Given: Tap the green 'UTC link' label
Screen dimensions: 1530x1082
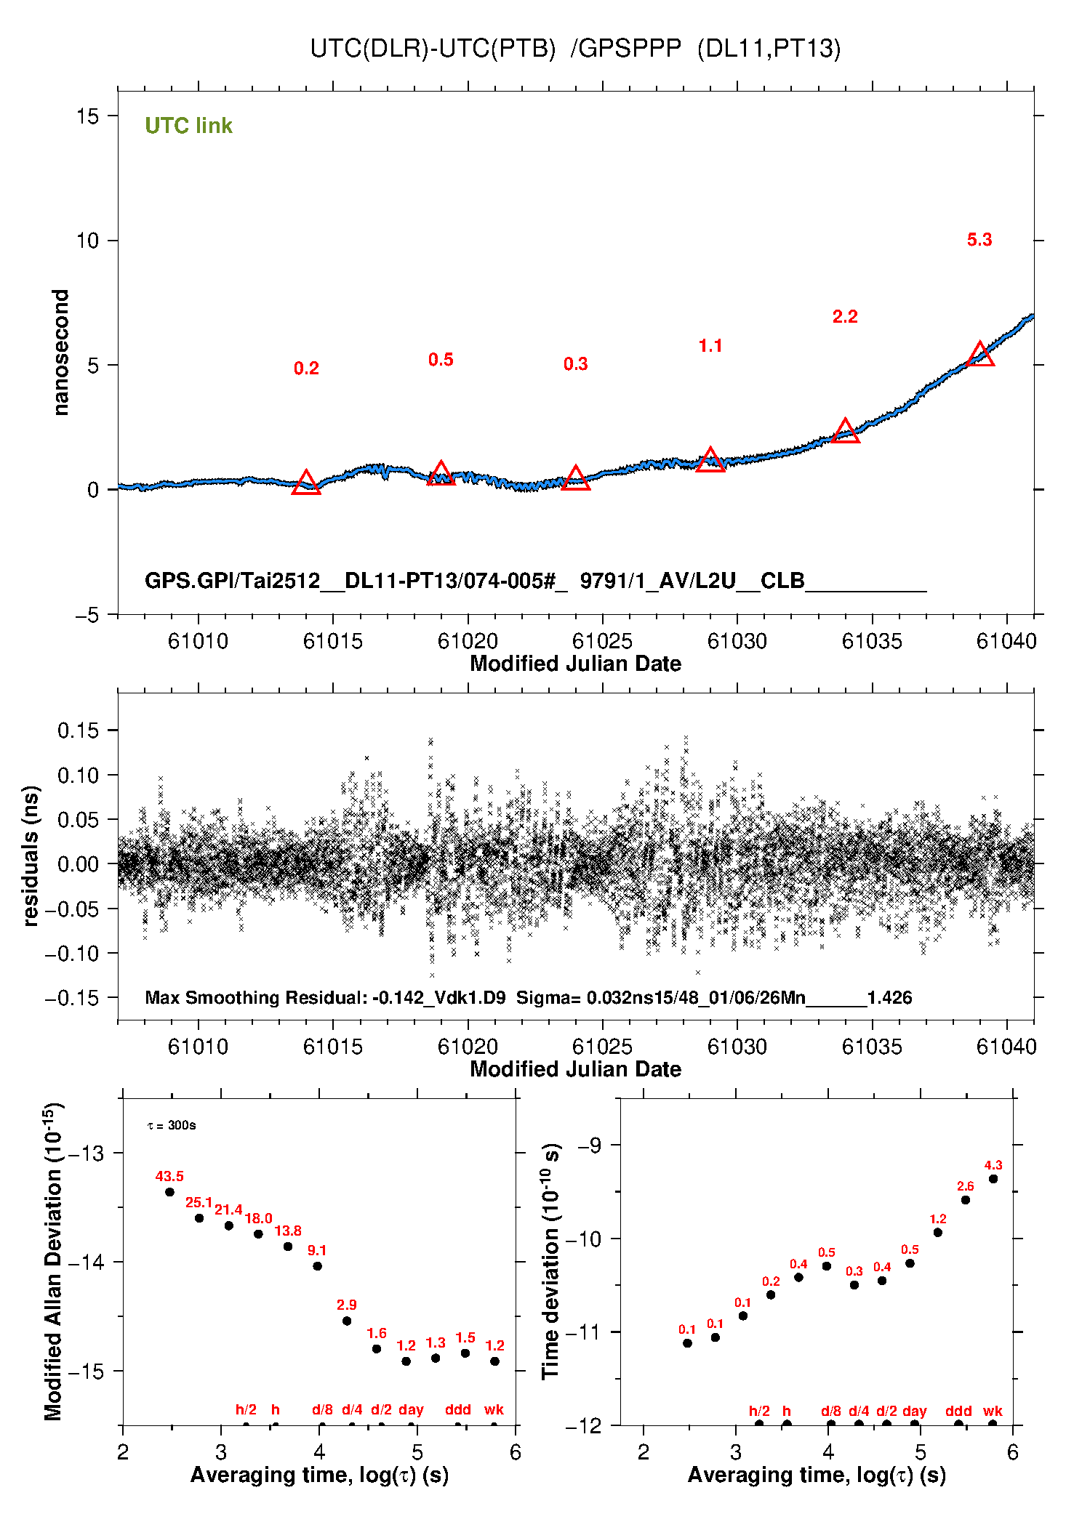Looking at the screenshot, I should click(x=188, y=126).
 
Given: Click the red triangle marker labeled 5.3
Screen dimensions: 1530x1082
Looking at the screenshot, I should click(x=980, y=355).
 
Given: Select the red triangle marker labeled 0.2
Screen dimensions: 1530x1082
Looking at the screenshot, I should click(x=306, y=483).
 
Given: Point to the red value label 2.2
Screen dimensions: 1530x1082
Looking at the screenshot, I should click(x=845, y=317).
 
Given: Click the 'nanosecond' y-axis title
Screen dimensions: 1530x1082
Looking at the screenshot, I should click(x=60, y=353).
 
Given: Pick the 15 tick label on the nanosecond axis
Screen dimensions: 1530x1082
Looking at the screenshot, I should click(x=87, y=116).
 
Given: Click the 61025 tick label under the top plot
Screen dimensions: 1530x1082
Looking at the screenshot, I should click(x=602, y=641).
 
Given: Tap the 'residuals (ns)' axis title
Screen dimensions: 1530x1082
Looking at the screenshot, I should click(x=31, y=856).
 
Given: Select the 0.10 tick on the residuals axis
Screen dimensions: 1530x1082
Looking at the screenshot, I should click(x=78, y=776).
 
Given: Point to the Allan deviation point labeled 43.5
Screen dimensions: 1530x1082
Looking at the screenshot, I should click(x=169, y=1192).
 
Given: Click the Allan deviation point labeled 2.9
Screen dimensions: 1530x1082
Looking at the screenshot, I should click(x=347, y=1321).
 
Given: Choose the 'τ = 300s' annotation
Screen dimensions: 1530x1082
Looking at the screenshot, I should click(x=172, y=1126).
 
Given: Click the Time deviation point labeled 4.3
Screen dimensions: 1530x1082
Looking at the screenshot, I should click(x=993, y=1179).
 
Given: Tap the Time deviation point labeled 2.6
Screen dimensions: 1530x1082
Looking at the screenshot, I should click(x=966, y=1200).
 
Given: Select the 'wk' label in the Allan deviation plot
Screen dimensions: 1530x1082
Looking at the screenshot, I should click(x=494, y=1409).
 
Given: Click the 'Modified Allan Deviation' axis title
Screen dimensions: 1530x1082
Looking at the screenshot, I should click(x=53, y=1261).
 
